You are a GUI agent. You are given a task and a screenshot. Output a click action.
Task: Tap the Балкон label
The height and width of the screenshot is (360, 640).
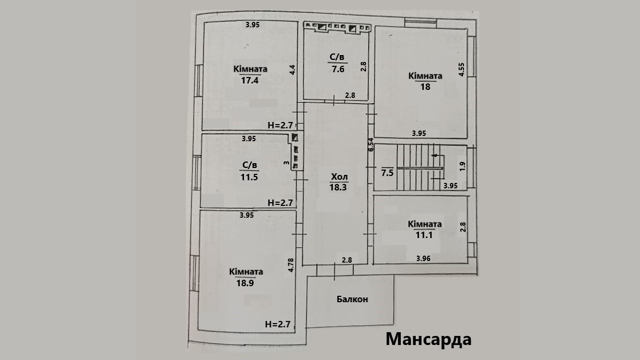[x=352, y=299]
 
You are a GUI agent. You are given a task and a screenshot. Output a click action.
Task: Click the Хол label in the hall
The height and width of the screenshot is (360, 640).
[x=339, y=177]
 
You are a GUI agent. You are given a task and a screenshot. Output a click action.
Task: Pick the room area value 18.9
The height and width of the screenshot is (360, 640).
[x=246, y=283]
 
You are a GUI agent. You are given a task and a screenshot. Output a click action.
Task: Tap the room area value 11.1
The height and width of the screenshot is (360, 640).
[x=424, y=235]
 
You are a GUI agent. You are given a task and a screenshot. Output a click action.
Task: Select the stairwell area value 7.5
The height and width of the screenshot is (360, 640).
[x=387, y=172]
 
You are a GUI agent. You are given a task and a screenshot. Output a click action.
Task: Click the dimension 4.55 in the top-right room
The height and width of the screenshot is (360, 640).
[x=461, y=71]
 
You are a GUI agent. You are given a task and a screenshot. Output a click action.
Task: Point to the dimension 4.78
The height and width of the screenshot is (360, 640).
[x=291, y=266]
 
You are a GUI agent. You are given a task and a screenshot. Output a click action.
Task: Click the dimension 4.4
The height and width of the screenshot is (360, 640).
[x=293, y=70]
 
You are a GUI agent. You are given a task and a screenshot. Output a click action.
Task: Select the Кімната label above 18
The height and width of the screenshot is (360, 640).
[x=425, y=76]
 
